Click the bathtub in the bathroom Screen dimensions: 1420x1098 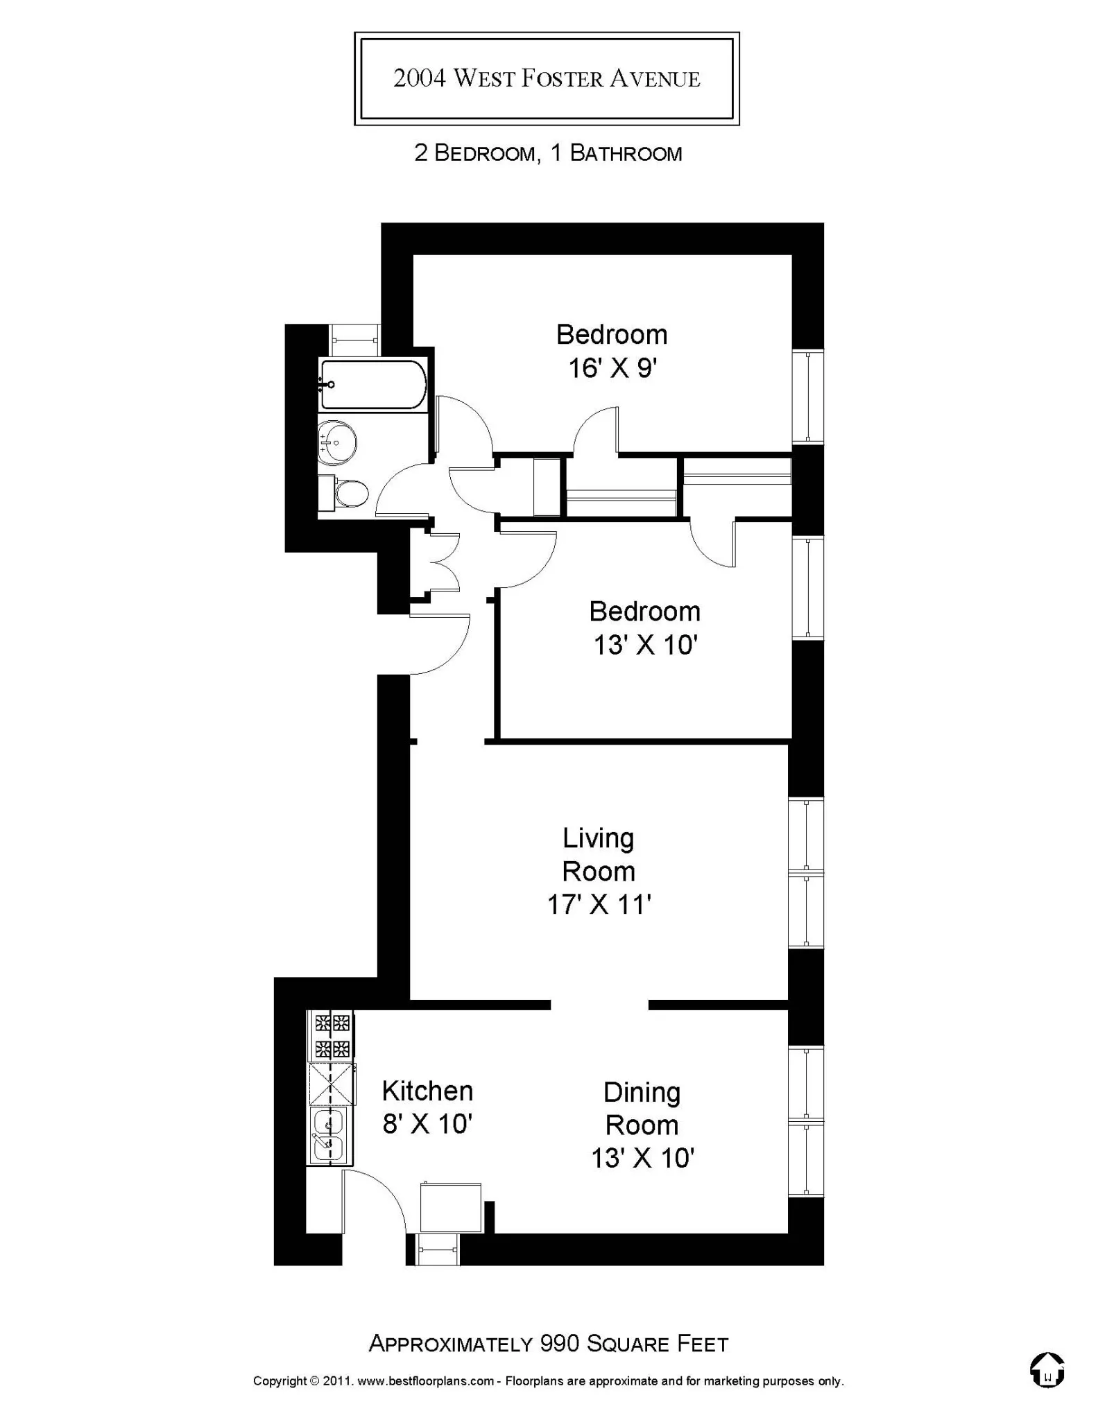click(x=373, y=385)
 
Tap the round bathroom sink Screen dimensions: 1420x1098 click(x=338, y=440)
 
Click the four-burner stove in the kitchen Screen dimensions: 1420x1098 click(x=332, y=1035)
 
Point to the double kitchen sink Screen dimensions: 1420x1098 click(x=329, y=1134)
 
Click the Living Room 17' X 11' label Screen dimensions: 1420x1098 click(x=599, y=871)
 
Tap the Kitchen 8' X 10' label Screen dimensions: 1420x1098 click(x=427, y=1107)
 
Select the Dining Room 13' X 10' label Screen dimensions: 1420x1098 click(x=642, y=1125)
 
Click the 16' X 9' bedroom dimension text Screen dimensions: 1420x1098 click(x=612, y=368)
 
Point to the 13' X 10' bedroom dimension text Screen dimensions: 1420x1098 click(x=645, y=646)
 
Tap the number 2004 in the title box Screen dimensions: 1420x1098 click(x=420, y=78)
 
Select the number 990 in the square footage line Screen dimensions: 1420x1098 click(x=560, y=1344)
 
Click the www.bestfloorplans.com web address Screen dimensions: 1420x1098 click(x=425, y=1381)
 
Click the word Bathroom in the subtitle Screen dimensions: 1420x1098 click(x=626, y=153)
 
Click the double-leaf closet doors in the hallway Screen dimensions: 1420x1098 click(x=444, y=562)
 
